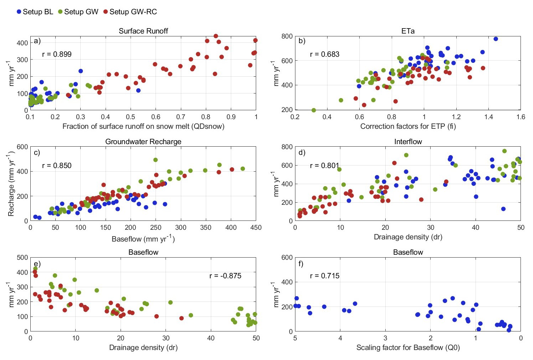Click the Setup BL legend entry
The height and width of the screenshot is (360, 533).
pyautogui.click(x=35, y=12)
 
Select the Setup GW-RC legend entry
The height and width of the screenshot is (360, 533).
pyautogui.click(x=130, y=12)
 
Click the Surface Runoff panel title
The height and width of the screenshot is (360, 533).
pyautogui.click(x=143, y=31)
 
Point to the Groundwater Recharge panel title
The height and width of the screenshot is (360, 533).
pyautogui.click(x=143, y=142)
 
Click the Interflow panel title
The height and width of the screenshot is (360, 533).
pyautogui.click(x=408, y=142)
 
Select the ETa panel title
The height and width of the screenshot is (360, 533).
pyautogui.click(x=408, y=31)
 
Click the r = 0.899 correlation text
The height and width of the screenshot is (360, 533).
pyautogui.click(x=57, y=54)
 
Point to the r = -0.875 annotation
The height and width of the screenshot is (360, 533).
pyautogui.click(x=225, y=276)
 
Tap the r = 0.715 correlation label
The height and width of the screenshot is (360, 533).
pyautogui.click(x=325, y=276)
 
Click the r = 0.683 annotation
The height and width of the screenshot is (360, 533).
pyautogui.click(x=325, y=54)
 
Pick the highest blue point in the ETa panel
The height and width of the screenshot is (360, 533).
pyautogui.click(x=496, y=39)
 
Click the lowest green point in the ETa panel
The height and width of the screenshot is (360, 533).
pyautogui.click(x=314, y=110)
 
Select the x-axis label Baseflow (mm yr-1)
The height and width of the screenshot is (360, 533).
pyautogui.click(x=143, y=239)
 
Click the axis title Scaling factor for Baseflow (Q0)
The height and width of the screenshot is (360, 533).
pyautogui.click(x=408, y=348)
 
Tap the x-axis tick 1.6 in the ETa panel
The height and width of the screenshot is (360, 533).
pyautogui.click(x=521, y=117)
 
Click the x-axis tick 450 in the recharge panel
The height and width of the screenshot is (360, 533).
pyautogui.click(x=256, y=227)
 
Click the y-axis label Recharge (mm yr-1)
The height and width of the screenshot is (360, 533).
pyautogui.click(x=11, y=184)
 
